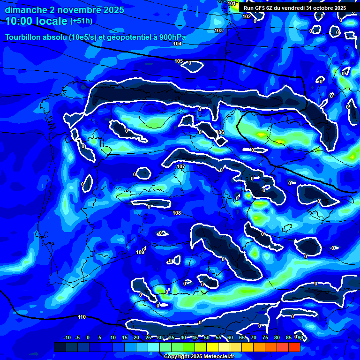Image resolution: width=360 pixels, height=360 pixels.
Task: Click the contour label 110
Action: pos(82,317)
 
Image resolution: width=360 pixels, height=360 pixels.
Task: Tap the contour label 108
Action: pos(177,213)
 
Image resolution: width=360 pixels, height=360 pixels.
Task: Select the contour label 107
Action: pos(181,167)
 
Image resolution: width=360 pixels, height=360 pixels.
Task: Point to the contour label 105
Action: pos(179,61)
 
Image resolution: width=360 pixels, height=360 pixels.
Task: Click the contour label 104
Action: pos(177,44)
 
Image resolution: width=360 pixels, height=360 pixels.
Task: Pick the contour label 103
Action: pos(218,30)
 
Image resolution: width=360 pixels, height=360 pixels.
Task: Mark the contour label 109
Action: pos(140,253)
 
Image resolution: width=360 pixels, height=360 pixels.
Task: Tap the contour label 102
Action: pos(247,16)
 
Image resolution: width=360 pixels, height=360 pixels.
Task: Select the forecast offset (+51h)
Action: pos(81,21)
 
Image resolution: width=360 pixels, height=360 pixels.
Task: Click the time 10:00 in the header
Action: pos(20,21)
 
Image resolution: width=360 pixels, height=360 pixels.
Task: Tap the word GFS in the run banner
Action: pos(262,8)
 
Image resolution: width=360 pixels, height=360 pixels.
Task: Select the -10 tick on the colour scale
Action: pos(67,337)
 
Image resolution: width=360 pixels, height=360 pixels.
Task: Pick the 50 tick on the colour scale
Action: pos(206,337)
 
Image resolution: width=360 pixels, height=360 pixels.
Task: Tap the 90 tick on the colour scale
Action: pos(300,337)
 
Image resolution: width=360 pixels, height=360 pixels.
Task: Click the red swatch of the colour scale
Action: pos(294,347)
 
